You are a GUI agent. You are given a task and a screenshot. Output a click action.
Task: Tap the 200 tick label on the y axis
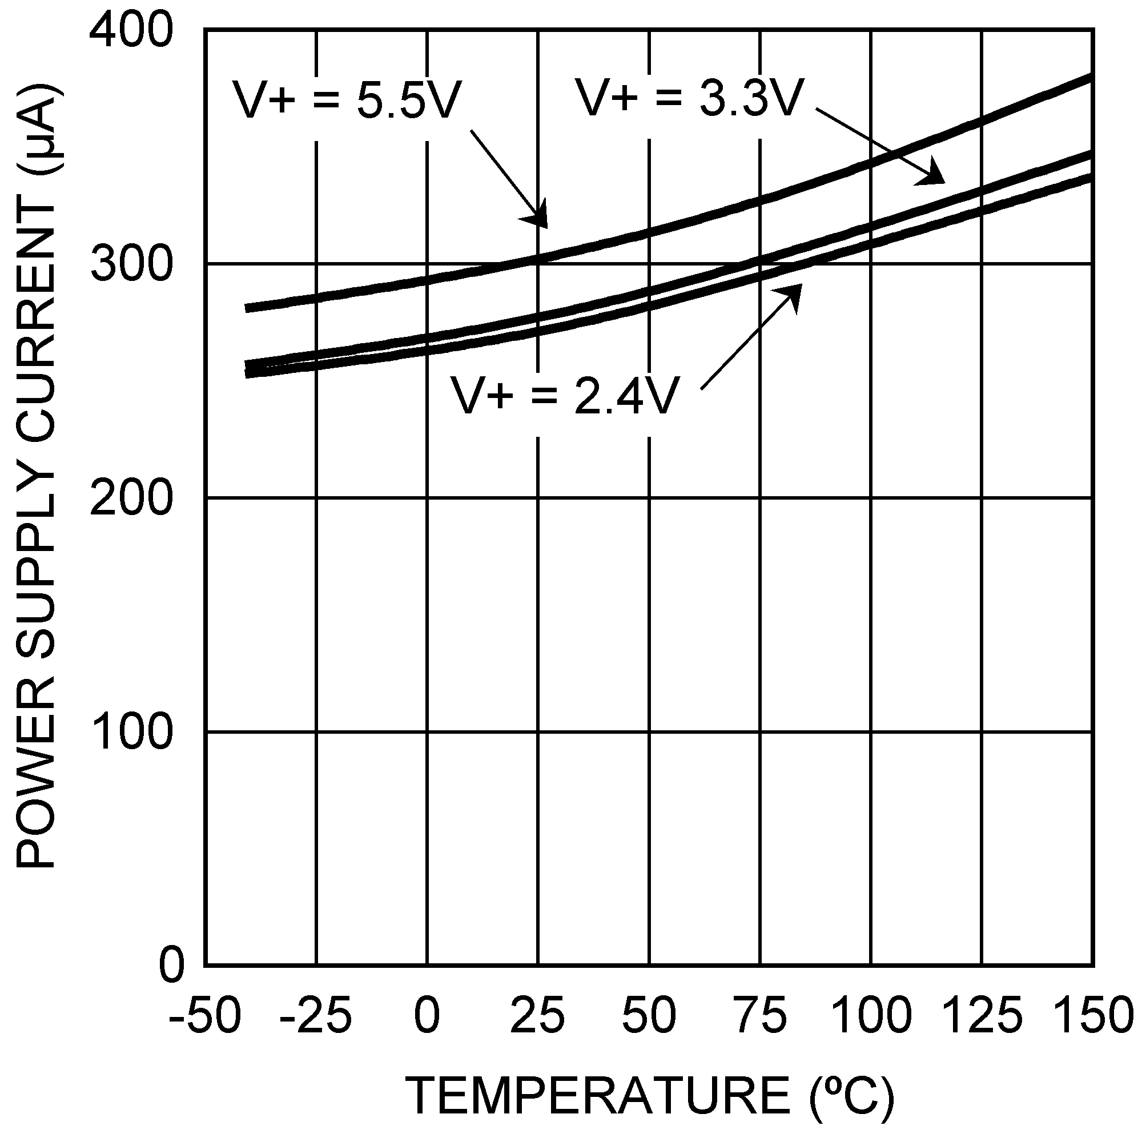(x=131, y=498)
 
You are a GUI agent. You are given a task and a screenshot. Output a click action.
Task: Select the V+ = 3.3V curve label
(x=690, y=98)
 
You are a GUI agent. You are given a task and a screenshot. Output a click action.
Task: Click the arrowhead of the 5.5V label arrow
(x=538, y=216)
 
